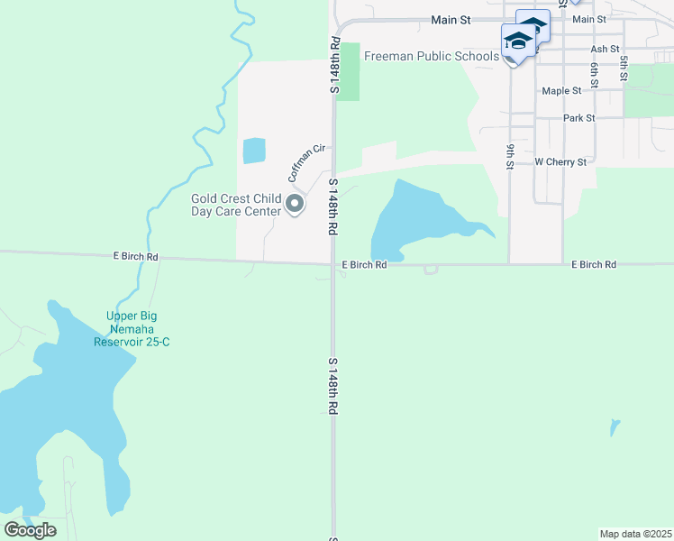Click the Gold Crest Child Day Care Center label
point(236,206)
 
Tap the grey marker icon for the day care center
point(295,206)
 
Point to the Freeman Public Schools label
point(431,57)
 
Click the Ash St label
point(605,49)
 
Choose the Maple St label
point(561,91)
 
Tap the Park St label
point(578,118)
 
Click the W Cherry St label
point(560,162)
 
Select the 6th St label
point(595,74)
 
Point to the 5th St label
point(623,69)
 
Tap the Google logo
point(30,529)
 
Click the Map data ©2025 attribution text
point(635,534)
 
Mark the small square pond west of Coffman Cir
point(254,151)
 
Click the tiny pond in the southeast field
point(615,426)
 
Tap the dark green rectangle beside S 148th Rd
point(348,72)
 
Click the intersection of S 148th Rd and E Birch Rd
point(332,264)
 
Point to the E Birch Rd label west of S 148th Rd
point(136,257)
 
